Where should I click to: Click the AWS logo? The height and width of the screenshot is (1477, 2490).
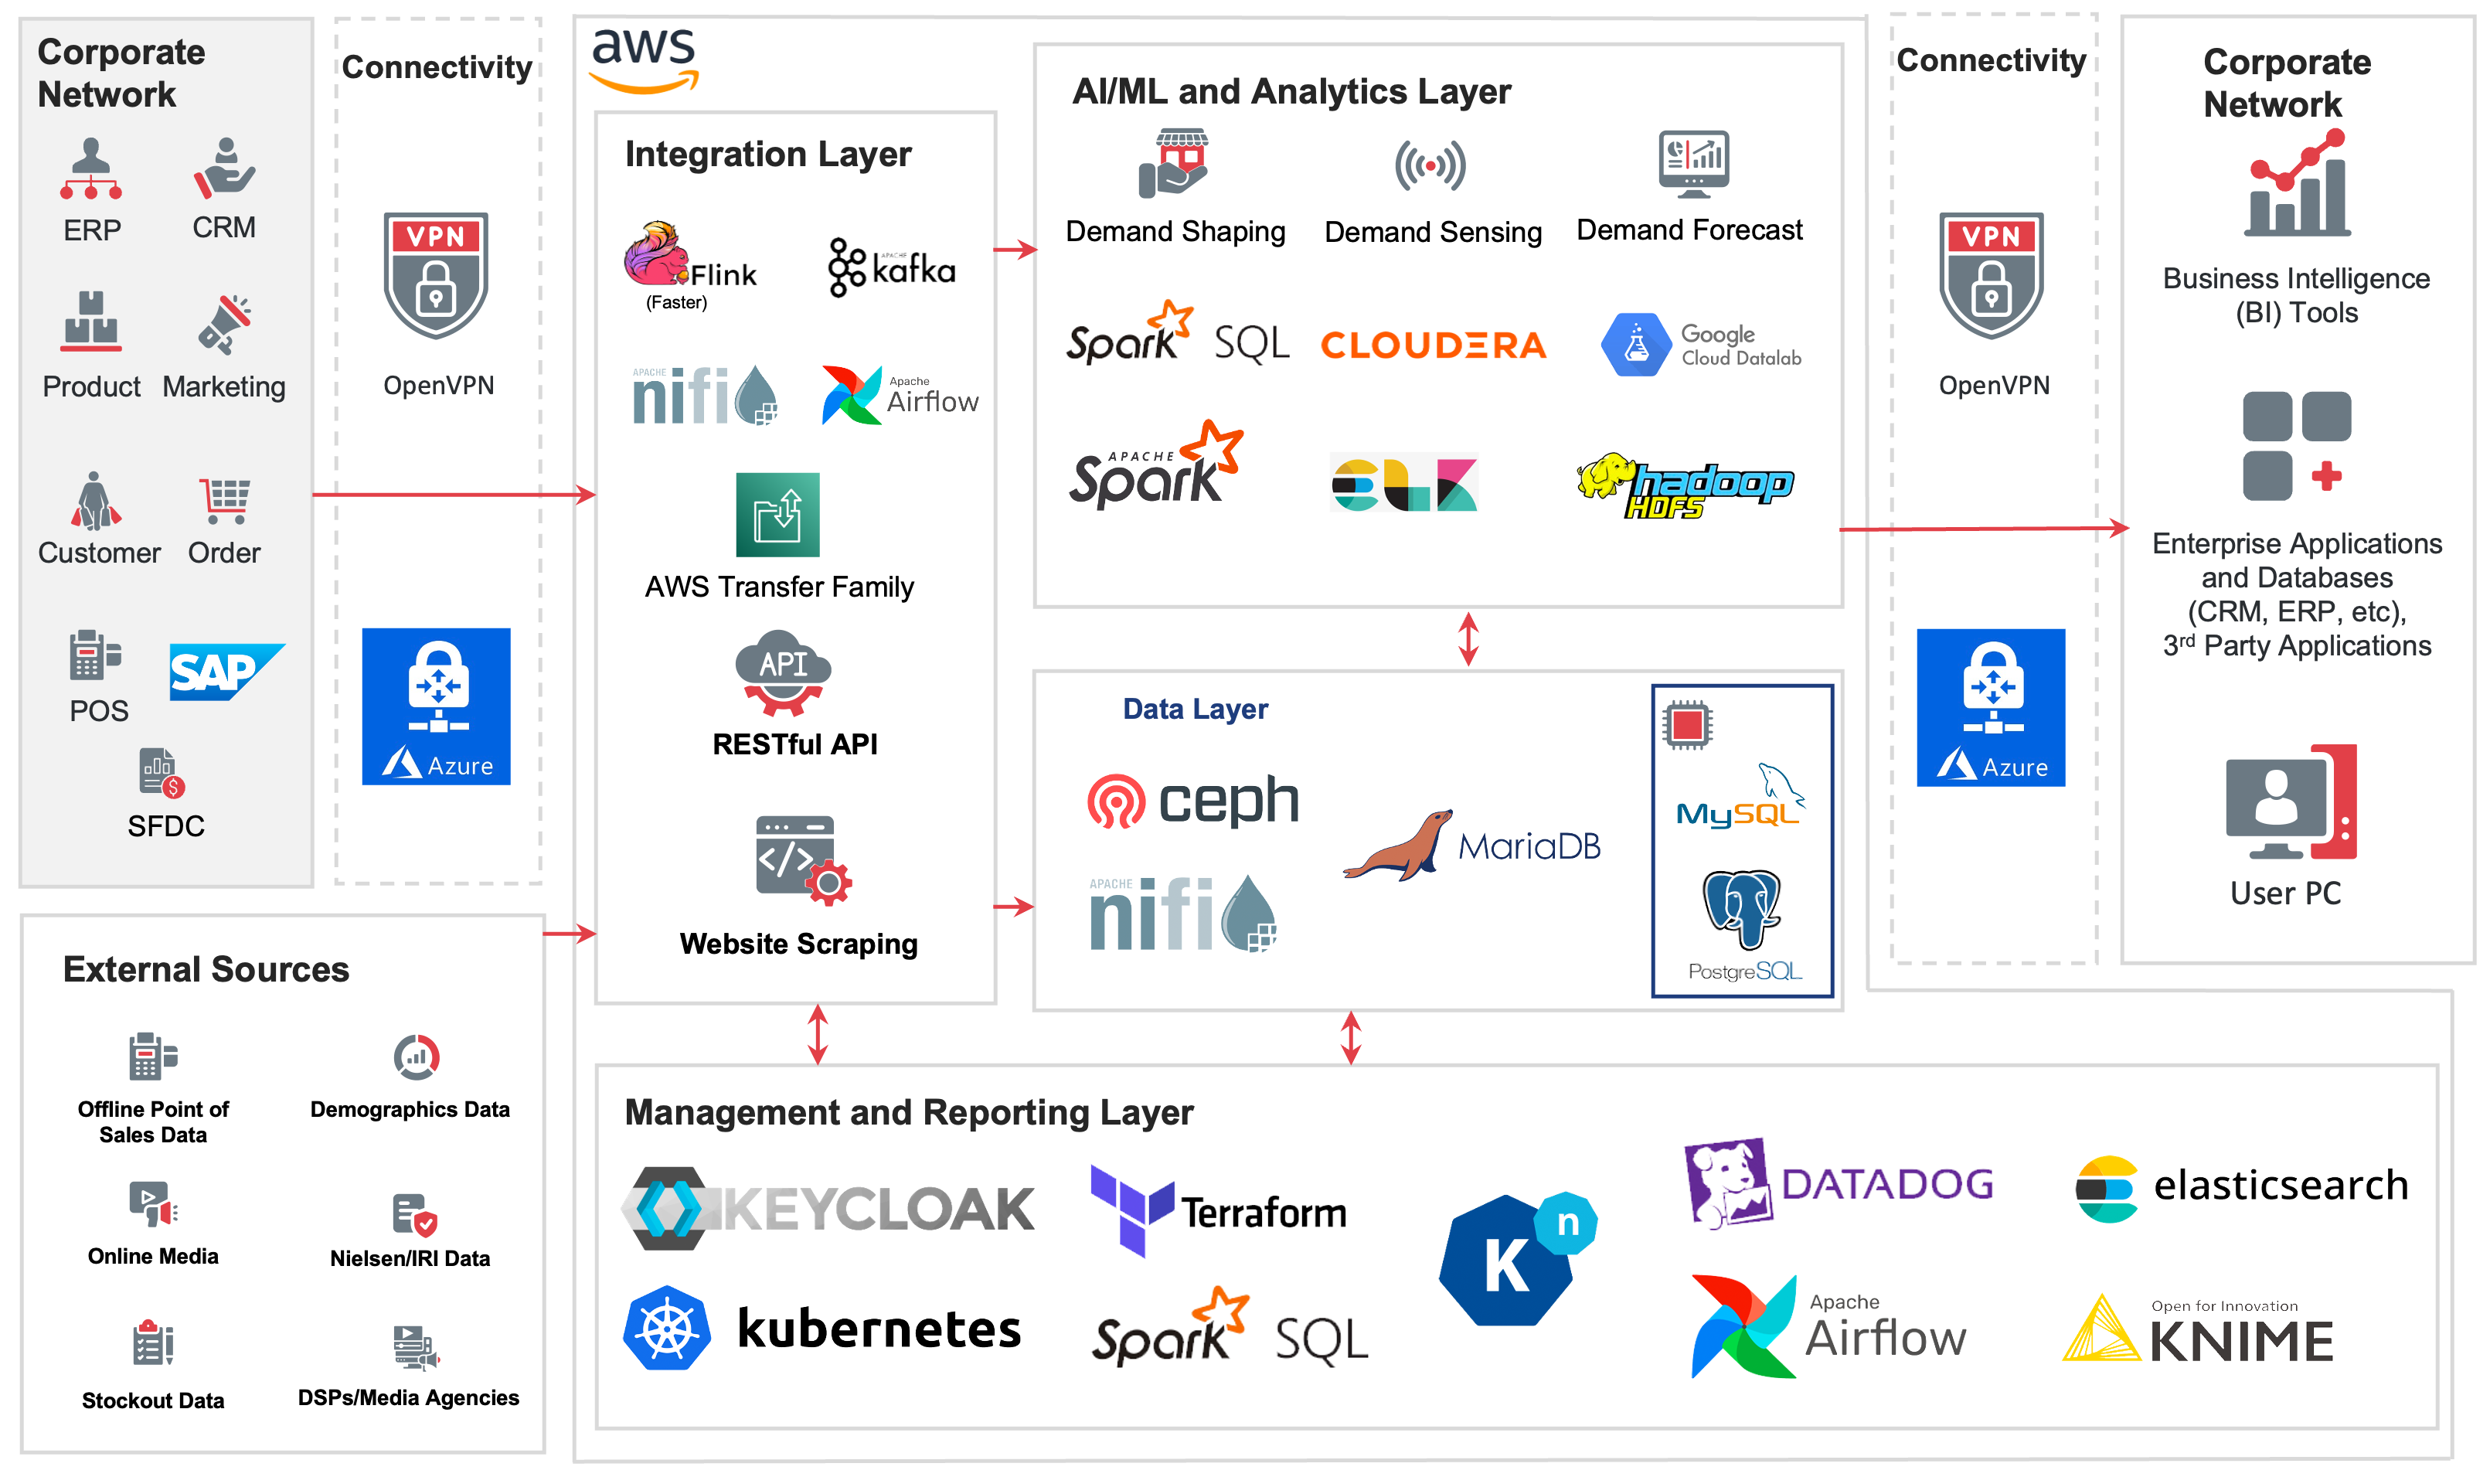(645, 60)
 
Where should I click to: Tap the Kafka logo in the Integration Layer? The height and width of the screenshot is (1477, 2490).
(891, 267)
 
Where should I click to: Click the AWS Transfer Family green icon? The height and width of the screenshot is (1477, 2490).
(777, 515)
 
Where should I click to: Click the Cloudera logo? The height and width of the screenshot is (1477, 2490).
(1433, 345)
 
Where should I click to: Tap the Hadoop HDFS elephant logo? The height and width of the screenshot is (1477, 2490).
(1685, 485)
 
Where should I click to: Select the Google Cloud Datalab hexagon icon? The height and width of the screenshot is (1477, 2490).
(1635, 345)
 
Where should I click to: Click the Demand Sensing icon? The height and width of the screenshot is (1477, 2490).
(1430, 165)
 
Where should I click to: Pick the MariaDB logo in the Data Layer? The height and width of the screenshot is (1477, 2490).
(1471, 845)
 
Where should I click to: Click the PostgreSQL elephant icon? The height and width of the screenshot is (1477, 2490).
(1742, 910)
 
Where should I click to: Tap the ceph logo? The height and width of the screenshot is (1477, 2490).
(1193, 801)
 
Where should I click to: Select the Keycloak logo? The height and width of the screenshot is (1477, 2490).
(828, 1208)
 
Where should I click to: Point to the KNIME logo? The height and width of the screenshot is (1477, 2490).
(2197, 1329)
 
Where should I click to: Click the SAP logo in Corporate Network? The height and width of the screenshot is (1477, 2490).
(227, 672)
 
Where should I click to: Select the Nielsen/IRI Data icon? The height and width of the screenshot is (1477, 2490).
(414, 1214)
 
